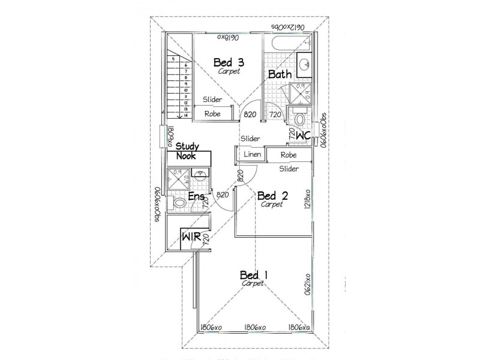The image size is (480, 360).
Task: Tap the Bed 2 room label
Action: point(272,196)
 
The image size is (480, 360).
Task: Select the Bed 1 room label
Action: point(253,275)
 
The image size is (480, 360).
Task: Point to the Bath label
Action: point(280,74)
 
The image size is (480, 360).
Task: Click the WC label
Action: point(302,136)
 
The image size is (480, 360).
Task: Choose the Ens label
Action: point(197,196)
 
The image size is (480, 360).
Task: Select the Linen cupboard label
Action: point(251,155)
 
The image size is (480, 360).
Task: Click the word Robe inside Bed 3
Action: point(212,113)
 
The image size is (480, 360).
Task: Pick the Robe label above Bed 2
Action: point(289,155)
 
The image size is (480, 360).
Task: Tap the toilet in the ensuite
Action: point(179,205)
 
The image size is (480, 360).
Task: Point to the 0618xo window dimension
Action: point(228,37)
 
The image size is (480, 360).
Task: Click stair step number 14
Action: point(187,115)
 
